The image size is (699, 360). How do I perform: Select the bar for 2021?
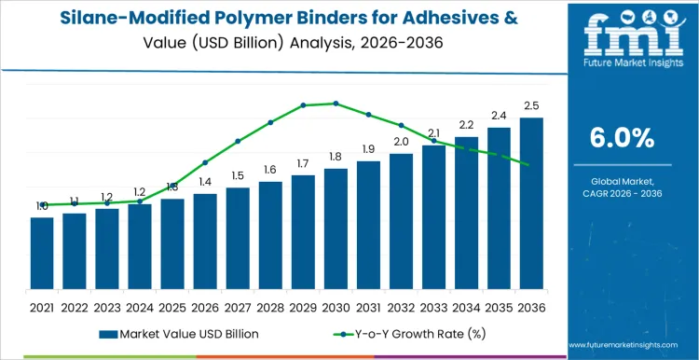[x=42, y=253]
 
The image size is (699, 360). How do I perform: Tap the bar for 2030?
[x=336, y=228]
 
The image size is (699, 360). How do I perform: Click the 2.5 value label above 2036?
[x=531, y=104]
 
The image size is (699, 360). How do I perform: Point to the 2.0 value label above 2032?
[x=401, y=142]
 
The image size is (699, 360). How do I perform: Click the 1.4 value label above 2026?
[x=205, y=182]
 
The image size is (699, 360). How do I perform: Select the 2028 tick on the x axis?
[x=270, y=306]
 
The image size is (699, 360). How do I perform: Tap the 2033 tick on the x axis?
[x=433, y=306]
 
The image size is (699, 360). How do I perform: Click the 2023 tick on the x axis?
[x=107, y=306]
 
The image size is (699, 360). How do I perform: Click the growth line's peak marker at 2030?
[x=336, y=104]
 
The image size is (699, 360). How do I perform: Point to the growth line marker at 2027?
[x=238, y=141]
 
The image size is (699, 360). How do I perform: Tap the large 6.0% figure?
[x=622, y=138]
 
